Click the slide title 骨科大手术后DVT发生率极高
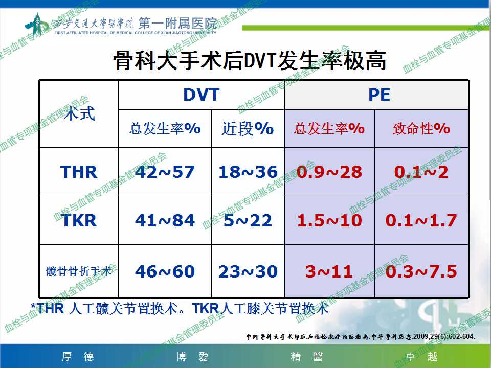coord(250,60)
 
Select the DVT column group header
coord(202,95)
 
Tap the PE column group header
coord(379,95)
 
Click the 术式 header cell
coord(79,113)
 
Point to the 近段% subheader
coord(248,129)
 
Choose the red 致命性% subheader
coord(421,129)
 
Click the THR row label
coord(79,172)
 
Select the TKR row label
coord(79,221)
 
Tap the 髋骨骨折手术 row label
coord(79,271)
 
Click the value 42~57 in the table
coord(165,172)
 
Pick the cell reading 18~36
coord(248,172)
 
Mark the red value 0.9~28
coord(329,172)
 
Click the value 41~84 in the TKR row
coord(165,221)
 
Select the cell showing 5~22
coord(248,221)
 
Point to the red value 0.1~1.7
coord(421,221)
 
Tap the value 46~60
coord(165,271)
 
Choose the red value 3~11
coord(329,271)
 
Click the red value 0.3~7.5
coord(421,271)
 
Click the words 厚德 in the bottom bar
coord(78,357)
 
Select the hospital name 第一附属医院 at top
coord(177,23)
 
